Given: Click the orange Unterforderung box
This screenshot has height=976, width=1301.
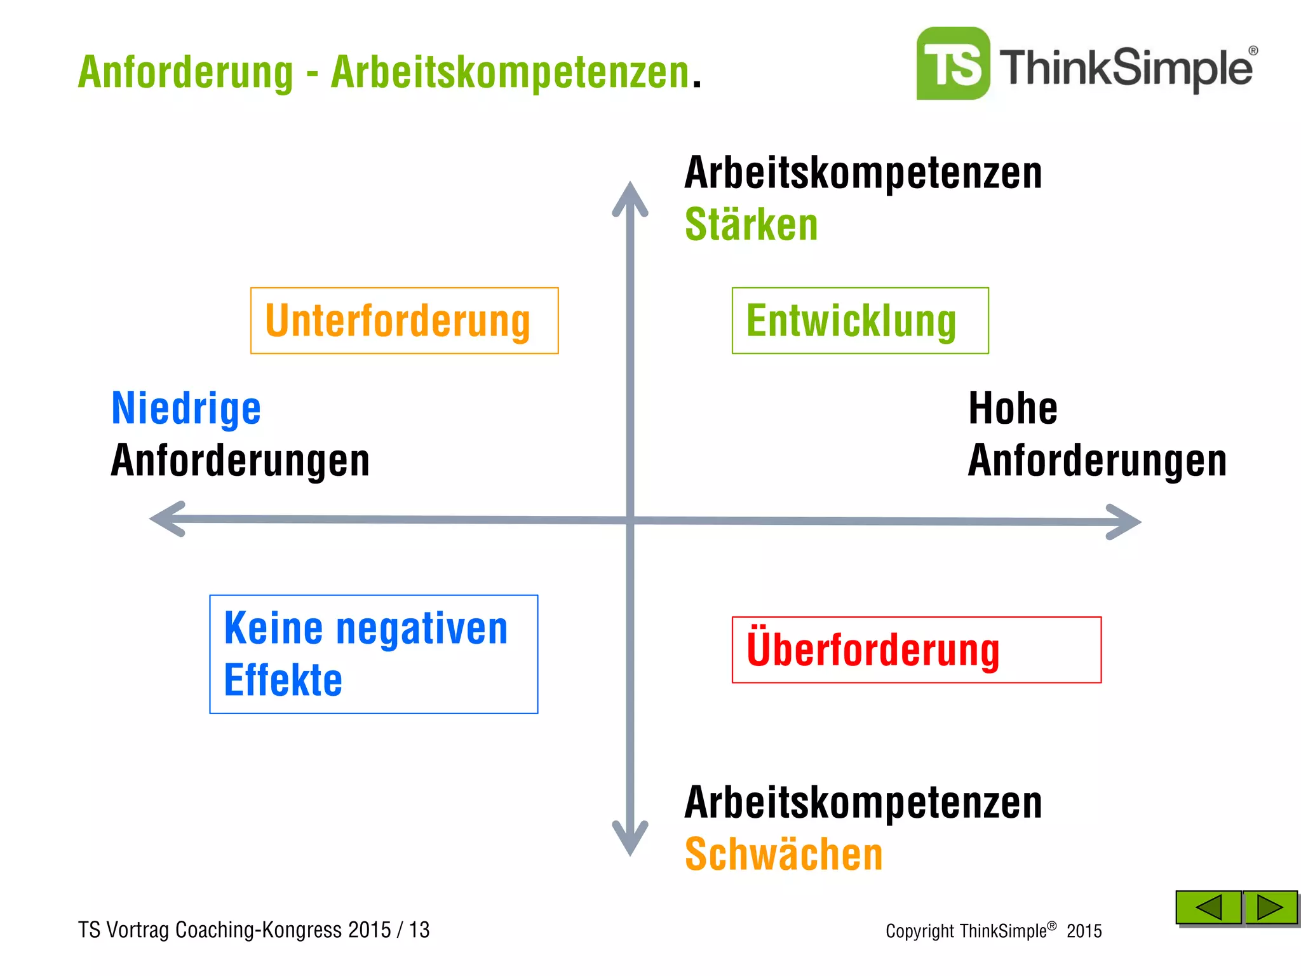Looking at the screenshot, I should [404, 321].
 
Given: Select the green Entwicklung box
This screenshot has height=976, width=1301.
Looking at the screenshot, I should [859, 321].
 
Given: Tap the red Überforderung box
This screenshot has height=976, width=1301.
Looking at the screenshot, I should [916, 650].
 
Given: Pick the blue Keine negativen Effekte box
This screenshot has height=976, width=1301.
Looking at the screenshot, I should [374, 654].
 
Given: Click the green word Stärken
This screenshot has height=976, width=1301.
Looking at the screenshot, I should [751, 225].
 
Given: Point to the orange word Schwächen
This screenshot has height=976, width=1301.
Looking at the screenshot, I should [783, 855].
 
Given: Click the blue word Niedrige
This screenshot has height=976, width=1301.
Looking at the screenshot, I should [186, 409].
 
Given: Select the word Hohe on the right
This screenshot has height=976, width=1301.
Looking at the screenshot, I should [1013, 409].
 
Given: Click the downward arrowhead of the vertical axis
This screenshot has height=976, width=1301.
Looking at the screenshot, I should [630, 840].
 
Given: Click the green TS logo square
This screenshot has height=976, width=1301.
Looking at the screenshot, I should [953, 64].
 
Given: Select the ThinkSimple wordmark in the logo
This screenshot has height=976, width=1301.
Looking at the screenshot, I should [1126, 68].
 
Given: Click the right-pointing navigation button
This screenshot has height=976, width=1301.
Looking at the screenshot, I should [1270, 907].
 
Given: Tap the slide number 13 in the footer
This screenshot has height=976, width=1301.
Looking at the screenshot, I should [419, 930].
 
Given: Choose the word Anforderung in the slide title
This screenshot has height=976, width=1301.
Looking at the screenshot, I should [185, 72].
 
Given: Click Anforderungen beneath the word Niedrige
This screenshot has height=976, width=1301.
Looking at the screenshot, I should [240, 461].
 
